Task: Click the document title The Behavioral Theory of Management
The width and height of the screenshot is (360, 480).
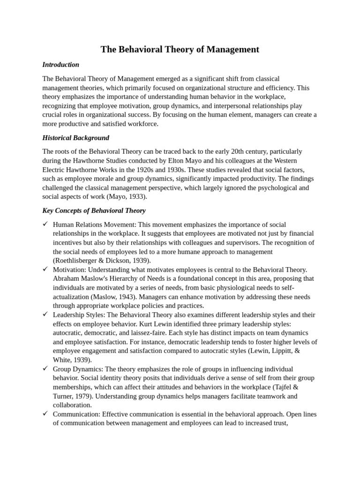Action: (180, 49)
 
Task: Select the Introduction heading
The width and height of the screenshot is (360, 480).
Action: (60, 65)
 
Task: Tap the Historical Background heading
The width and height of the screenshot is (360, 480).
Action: (75, 138)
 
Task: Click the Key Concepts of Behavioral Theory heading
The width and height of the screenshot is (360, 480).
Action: (94, 210)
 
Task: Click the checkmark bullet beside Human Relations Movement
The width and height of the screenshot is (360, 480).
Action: (45, 225)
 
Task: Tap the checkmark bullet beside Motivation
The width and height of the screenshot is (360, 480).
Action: (45, 270)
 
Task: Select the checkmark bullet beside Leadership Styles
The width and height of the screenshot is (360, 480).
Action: (45, 315)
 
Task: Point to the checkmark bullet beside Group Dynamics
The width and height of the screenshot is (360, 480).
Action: (45, 369)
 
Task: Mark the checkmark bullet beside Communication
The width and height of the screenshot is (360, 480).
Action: (45, 414)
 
